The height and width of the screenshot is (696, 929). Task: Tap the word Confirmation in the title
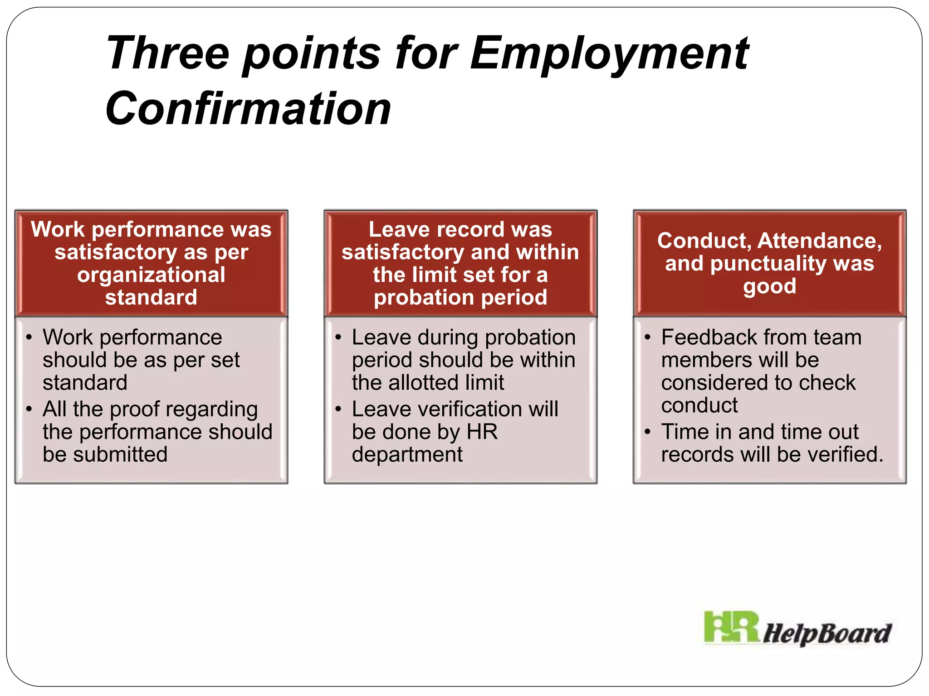point(248,109)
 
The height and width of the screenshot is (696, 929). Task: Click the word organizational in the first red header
point(151,275)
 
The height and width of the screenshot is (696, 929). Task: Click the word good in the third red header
point(769,286)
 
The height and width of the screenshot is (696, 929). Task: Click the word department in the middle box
point(407,454)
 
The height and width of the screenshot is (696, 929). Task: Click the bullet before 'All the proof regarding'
point(29,410)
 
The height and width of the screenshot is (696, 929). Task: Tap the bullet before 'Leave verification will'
point(338,410)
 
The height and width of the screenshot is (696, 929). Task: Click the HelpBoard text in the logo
point(826,633)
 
